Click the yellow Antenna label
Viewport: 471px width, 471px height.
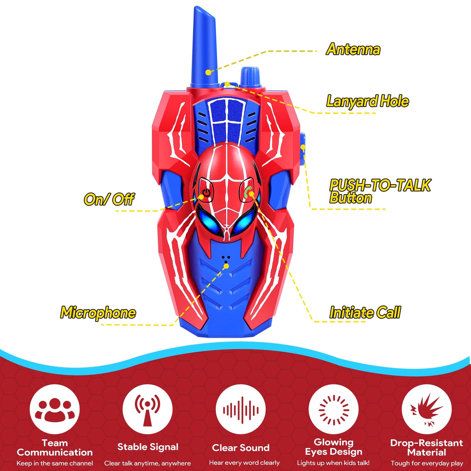(x=353, y=49)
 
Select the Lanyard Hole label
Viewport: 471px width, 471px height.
(x=367, y=101)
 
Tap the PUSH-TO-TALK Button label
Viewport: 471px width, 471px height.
(x=380, y=191)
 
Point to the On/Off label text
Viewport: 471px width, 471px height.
(x=109, y=199)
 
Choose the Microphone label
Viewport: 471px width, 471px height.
(x=98, y=313)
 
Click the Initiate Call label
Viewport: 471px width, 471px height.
(x=365, y=312)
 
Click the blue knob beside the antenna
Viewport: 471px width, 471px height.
(x=251, y=77)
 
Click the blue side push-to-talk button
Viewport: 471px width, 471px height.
(x=302, y=149)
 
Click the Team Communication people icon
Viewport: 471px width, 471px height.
(x=55, y=409)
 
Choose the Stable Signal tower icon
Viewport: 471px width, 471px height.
(x=147, y=409)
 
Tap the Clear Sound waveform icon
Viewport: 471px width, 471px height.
(x=241, y=409)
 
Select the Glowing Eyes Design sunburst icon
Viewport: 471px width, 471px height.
(x=333, y=409)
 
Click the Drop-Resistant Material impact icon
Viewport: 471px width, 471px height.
(x=427, y=409)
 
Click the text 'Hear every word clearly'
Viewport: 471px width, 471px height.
(x=244, y=463)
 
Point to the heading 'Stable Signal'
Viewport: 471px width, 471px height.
(x=148, y=447)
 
